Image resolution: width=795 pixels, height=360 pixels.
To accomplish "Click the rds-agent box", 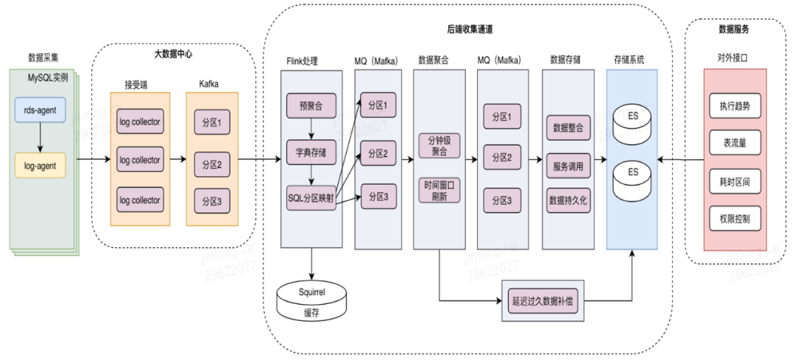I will click(40, 111).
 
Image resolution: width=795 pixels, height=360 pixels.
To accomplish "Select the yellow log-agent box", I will click(40, 166).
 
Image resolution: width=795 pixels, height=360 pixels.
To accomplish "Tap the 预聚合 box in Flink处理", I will click(311, 108).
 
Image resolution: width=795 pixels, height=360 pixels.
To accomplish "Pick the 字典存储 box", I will click(311, 153).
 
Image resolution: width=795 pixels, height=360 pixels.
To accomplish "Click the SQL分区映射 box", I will click(311, 197).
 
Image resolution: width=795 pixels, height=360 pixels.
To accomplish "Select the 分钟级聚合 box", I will click(439, 144).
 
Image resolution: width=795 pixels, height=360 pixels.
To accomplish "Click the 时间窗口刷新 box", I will click(439, 191).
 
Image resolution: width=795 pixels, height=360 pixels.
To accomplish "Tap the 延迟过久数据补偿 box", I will click(548, 300).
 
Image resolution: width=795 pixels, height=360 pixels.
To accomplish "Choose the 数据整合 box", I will click(567, 127).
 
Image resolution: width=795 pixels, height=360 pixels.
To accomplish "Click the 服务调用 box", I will click(567, 166).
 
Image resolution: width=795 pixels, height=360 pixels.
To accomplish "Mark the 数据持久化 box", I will click(567, 199).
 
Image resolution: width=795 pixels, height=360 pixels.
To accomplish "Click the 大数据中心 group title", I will click(166, 54).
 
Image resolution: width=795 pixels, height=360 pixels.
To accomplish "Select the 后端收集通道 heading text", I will click(469, 29).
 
